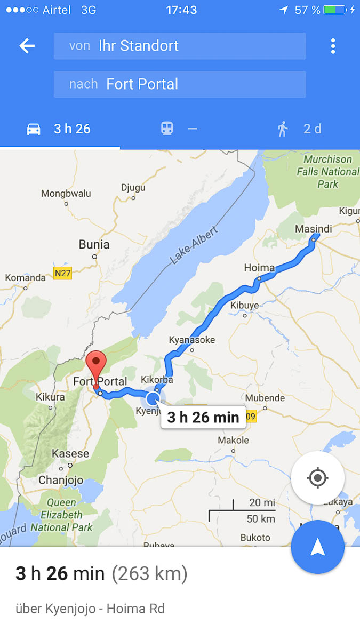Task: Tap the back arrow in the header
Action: (27, 46)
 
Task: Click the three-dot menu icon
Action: (333, 46)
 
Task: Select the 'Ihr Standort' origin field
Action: (180, 46)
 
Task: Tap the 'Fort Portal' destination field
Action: (180, 84)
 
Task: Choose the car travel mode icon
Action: (34, 129)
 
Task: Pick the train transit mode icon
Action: (167, 129)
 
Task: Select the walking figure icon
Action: (283, 129)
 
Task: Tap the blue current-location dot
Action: (153, 398)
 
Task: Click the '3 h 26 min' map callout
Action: (203, 417)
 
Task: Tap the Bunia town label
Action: (94, 245)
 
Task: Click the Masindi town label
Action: (313, 229)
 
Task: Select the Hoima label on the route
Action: (259, 268)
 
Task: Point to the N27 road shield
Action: (63, 274)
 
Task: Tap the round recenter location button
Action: (318, 478)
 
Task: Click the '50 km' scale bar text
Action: (261, 518)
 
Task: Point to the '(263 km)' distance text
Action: (149, 574)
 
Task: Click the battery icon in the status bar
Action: (334, 10)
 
